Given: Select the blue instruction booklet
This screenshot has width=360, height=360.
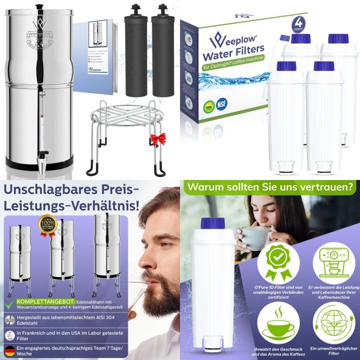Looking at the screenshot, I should (x=94, y=54).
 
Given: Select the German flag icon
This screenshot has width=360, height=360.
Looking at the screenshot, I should (x=10, y=350).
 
